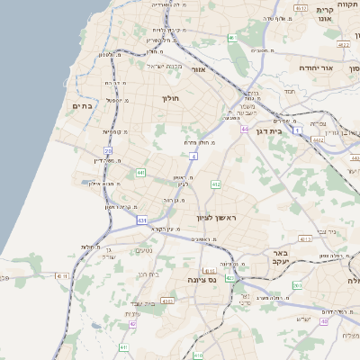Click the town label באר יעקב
coord(280,258)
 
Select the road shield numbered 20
coord(108,151)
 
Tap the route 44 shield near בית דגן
coord(244,130)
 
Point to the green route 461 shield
coord(232,38)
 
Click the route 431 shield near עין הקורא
coord(142,219)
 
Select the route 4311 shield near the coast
coord(61,275)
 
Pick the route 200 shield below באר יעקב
coord(297,285)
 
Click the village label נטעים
coord(142,250)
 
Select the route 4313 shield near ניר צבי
coord(305,239)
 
